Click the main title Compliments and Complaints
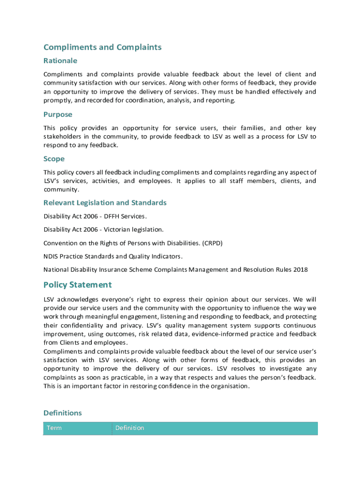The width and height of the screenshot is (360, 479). click(102, 47)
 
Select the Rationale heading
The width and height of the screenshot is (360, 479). click(60, 61)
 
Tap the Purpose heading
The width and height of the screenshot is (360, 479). click(58, 115)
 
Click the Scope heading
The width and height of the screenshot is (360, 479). click(54, 159)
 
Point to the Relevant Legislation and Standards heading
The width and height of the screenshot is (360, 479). click(105, 203)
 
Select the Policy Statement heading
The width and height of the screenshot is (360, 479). click(78, 285)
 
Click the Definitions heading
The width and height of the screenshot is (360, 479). click(63, 413)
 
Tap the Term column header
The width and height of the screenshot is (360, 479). click(54, 428)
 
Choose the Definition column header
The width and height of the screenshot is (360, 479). click(130, 428)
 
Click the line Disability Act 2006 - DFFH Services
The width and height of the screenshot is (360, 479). click(95, 216)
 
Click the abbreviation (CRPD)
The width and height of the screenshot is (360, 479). click(213, 243)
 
